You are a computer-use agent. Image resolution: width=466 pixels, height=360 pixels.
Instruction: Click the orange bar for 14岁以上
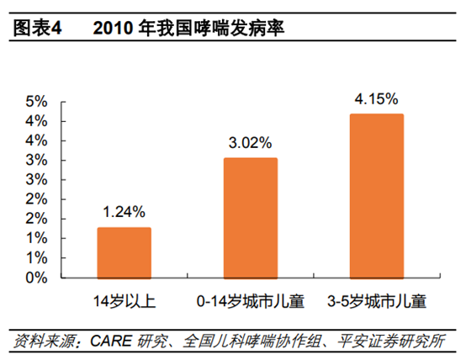[x=124, y=252]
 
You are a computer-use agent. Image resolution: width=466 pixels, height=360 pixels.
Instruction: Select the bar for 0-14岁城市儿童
[x=250, y=218]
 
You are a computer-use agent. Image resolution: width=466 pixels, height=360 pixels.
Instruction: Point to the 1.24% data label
[x=124, y=211]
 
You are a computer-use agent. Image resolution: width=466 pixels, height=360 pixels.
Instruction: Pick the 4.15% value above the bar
[x=376, y=98]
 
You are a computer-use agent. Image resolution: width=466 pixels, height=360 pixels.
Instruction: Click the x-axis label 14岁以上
[x=124, y=299]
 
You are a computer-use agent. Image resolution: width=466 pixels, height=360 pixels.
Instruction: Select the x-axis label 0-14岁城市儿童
[x=250, y=299]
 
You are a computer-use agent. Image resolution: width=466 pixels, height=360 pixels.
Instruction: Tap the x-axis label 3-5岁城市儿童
[x=376, y=299]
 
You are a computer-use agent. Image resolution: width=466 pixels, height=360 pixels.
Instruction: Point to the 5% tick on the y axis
[x=36, y=102]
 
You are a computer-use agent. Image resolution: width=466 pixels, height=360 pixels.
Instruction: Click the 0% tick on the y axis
[x=36, y=277]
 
